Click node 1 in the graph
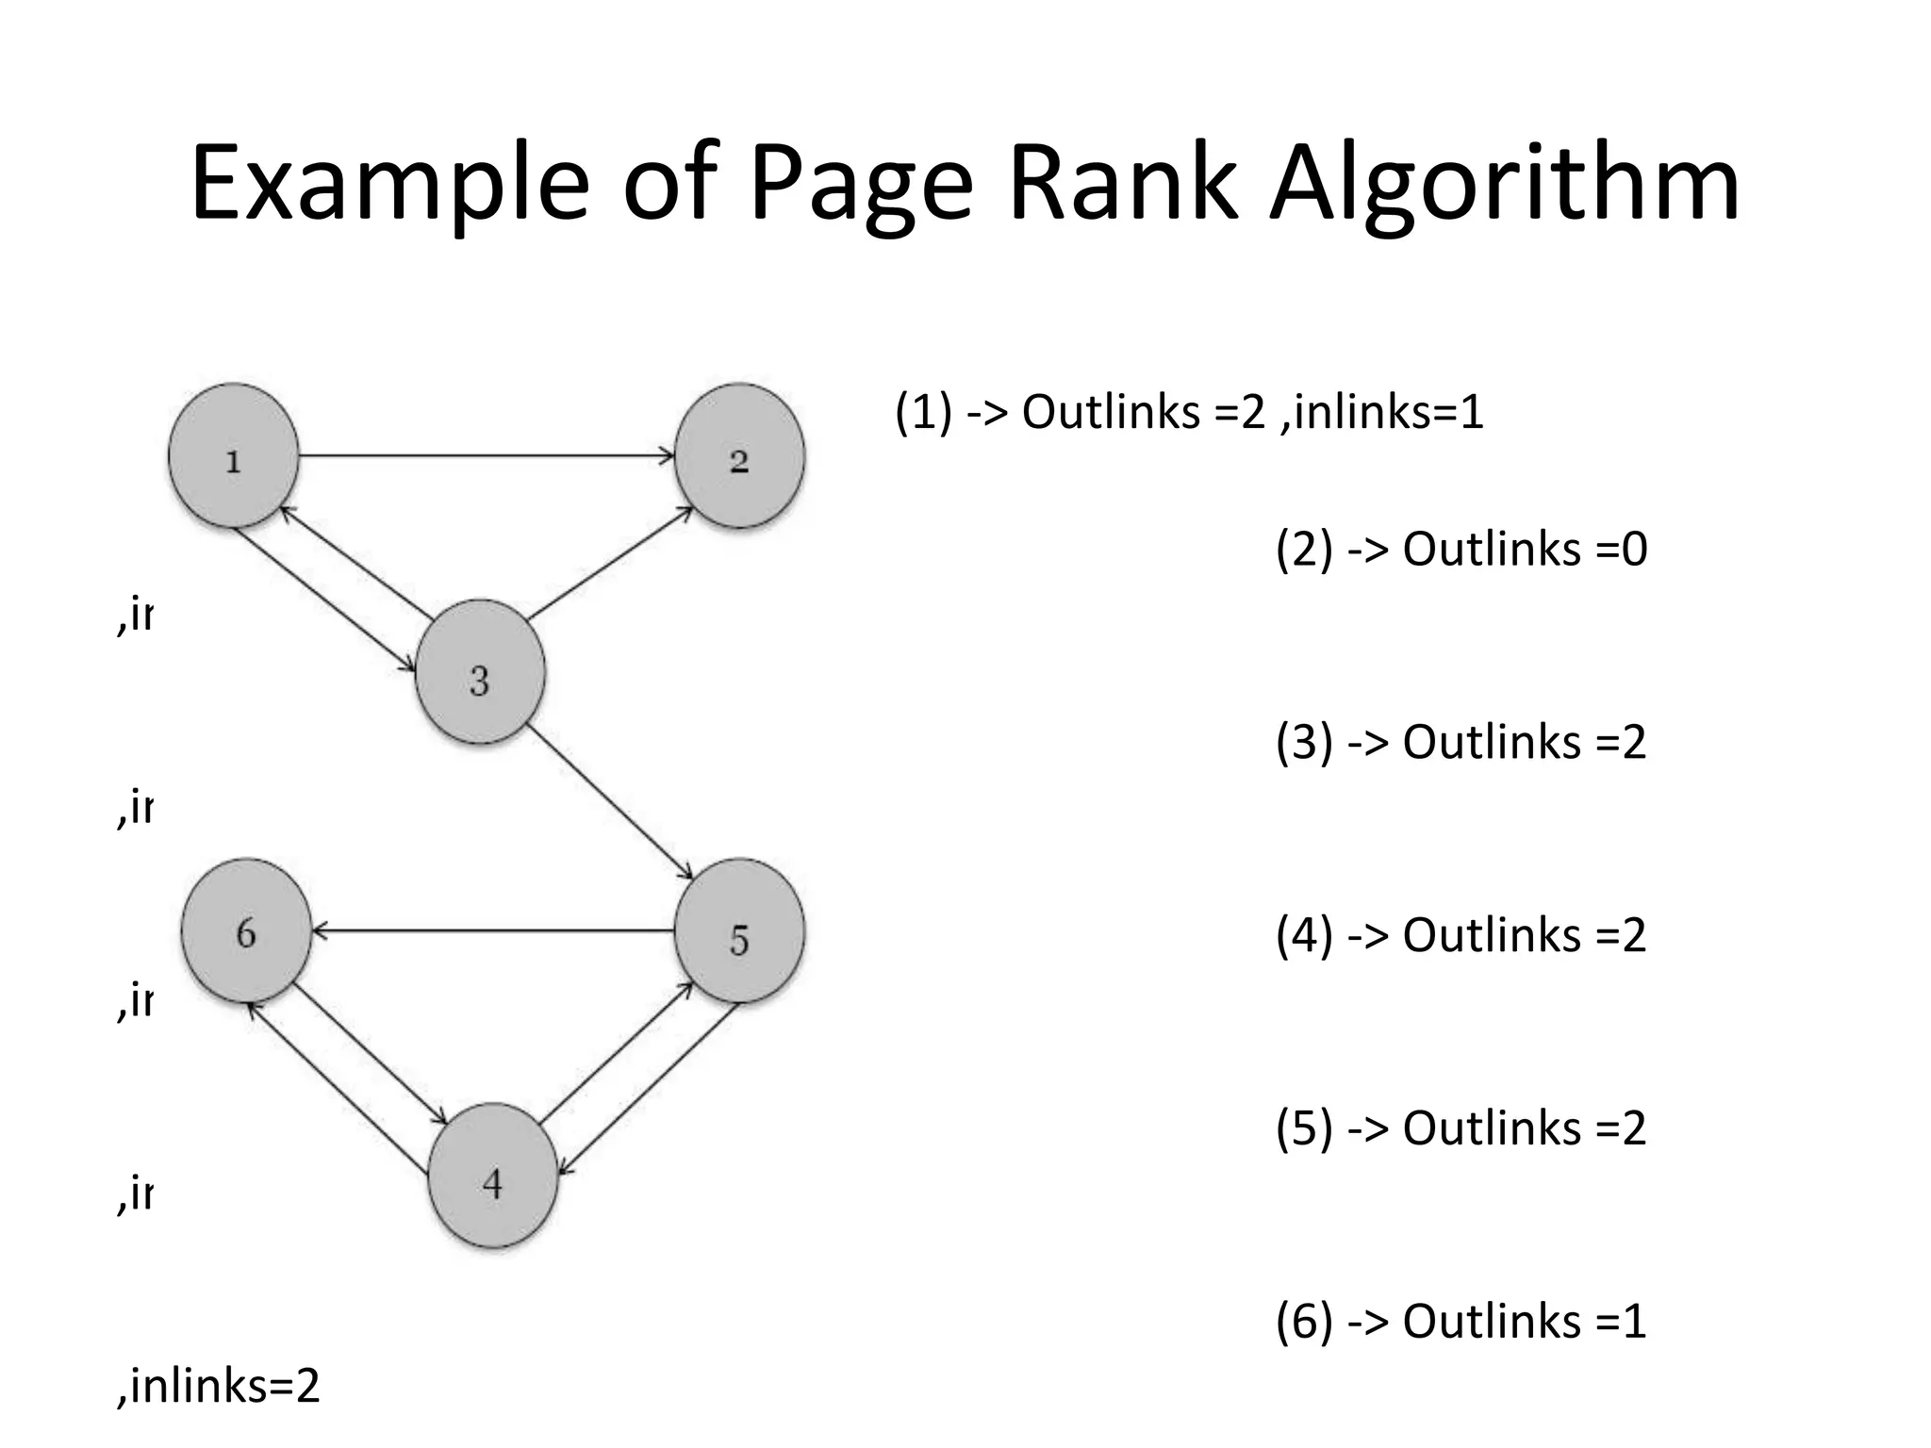click(234, 456)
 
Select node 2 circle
click(739, 456)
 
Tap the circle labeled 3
click(480, 672)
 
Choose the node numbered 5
click(739, 931)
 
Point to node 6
click(246, 931)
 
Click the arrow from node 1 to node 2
click(486, 456)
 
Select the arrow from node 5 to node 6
click(492, 931)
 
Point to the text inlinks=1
click(1382, 412)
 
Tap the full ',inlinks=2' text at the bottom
click(219, 1386)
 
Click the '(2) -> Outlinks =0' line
click(1461, 549)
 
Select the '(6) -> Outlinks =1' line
click(1461, 1321)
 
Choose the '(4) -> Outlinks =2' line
click(1461, 935)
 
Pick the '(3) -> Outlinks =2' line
click(1461, 742)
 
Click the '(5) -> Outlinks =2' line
click(1461, 1127)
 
